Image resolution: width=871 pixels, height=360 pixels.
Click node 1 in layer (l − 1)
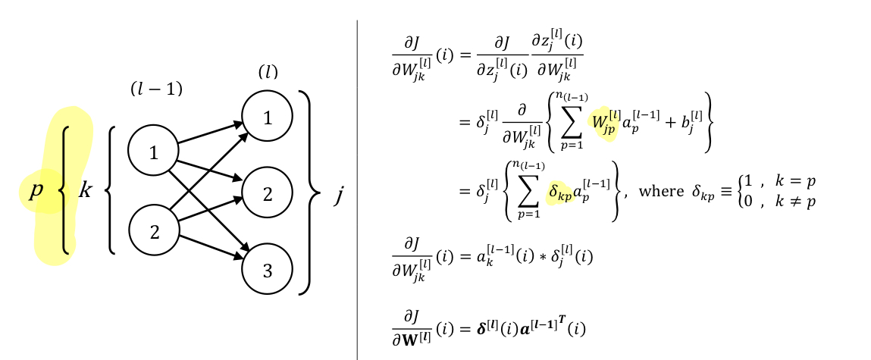(153, 152)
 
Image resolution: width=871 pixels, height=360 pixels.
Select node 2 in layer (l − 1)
(153, 230)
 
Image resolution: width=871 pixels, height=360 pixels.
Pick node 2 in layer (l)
(267, 193)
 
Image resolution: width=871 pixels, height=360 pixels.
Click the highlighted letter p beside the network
(36, 190)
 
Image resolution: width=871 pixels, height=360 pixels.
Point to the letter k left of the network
(86, 190)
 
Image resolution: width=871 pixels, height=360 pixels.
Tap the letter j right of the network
(339, 196)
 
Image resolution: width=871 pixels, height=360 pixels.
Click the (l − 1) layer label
(156, 89)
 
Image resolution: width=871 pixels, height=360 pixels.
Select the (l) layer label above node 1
(268, 73)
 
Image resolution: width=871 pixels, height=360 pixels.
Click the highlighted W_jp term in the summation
(603, 122)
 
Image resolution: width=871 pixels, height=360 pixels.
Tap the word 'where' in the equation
(661, 190)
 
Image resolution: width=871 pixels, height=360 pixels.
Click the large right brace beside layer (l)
(305, 193)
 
